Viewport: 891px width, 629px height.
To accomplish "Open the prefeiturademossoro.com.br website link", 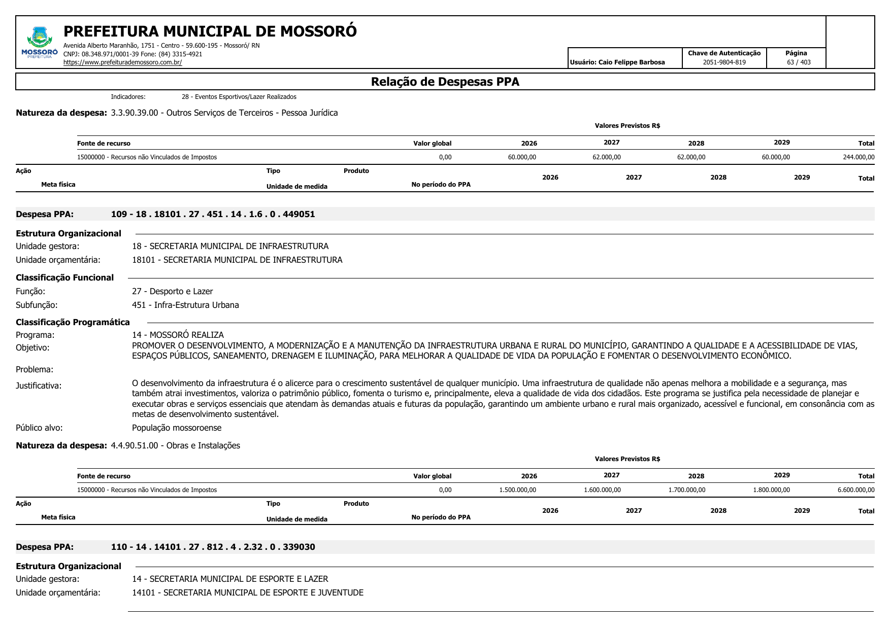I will [x=122, y=62].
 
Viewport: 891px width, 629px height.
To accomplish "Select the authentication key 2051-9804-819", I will [x=724, y=62].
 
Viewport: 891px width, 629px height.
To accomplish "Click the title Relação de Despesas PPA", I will [x=445, y=82].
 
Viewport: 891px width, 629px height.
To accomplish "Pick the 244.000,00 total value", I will [x=859, y=157].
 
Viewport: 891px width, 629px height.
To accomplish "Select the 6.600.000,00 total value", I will [x=856, y=490].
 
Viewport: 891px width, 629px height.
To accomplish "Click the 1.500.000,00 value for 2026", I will [x=517, y=490].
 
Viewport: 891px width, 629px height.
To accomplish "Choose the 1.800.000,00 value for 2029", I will [x=771, y=490].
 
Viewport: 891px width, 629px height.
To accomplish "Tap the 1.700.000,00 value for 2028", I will [x=686, y=490].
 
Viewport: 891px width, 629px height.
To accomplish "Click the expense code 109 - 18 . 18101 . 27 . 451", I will [x=213, y=214].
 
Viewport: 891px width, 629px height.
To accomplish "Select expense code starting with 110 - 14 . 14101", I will [x=213, y=547].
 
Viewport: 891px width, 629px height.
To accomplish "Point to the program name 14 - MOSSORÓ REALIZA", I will [x=178, y=335].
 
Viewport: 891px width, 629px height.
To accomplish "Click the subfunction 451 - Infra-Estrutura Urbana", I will [x=185, y=305].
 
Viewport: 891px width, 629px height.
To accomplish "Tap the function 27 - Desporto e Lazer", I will [x=172, y=291].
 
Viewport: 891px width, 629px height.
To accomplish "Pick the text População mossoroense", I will [x=177, y=428].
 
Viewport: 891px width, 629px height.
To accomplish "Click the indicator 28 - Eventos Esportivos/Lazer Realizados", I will [x=239, y=97].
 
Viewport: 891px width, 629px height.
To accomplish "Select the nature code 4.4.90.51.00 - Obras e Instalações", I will [x=175, y=445].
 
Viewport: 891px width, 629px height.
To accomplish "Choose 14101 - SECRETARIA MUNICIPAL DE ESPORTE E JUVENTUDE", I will [x=248, y=592].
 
